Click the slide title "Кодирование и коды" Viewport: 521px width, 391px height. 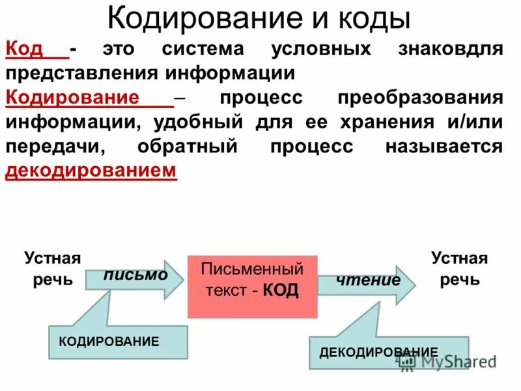[259, 18]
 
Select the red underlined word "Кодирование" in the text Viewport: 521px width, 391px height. [72, 98]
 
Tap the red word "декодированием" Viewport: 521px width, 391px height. [91, 171]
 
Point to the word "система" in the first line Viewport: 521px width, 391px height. [203, 49]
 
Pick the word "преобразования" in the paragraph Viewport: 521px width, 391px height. [420, 98]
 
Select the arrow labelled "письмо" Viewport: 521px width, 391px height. [135, 276]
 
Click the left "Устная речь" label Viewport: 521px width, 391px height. [52, 269]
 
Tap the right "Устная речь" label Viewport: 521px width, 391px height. [459, 269]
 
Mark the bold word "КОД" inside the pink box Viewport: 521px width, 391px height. [281, 291]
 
